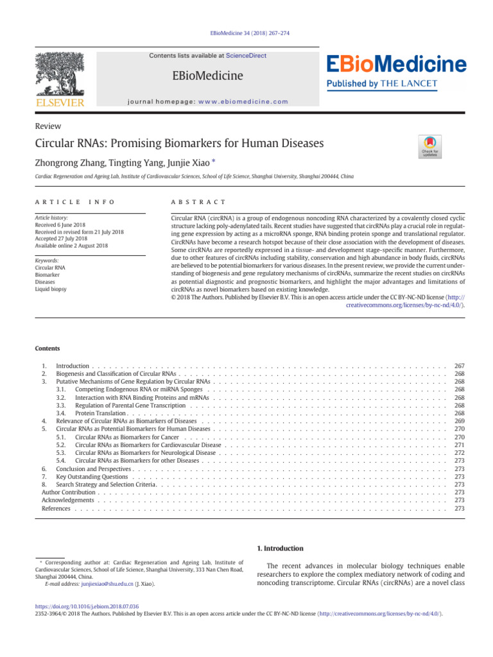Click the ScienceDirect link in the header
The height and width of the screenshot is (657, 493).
[246, 56]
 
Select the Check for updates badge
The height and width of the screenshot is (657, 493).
[429, 146]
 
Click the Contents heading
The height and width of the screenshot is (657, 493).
[48, 348]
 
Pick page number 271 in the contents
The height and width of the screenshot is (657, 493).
[459, 445]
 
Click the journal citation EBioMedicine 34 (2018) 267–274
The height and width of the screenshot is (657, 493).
[246, 32]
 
